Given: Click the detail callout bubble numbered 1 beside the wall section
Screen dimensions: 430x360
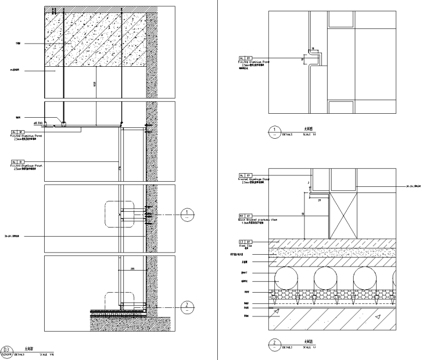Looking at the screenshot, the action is coord(187,215).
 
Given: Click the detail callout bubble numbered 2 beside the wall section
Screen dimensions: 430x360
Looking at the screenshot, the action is coord(187,307).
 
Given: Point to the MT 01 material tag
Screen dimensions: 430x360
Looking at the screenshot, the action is coord(245,216).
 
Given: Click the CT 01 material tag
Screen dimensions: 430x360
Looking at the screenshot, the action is coord(245,242).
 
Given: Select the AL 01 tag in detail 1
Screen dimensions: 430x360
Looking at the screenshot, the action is coord(245,57).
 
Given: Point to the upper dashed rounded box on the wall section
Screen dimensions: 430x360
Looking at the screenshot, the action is coord(119,215).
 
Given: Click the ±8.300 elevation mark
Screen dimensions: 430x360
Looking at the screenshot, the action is coord(39,122).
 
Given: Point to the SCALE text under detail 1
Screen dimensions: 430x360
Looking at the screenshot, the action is coord(309,135).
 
